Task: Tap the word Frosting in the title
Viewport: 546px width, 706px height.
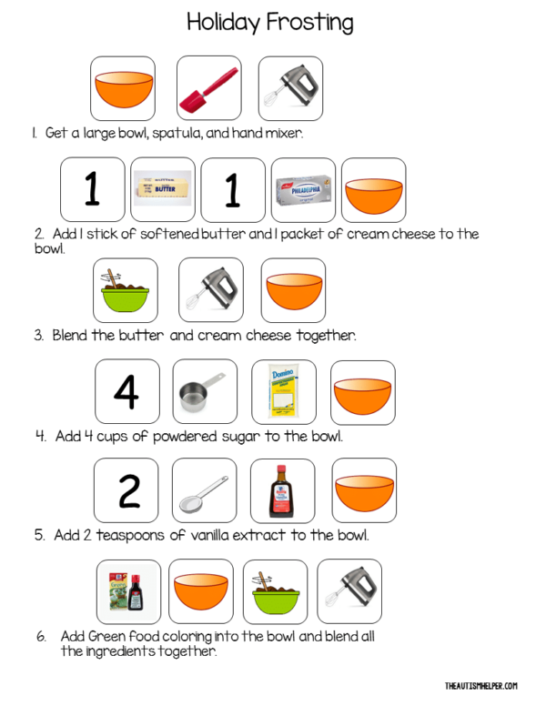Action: click(310, 22)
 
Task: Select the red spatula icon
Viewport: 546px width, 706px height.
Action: click(208, 88)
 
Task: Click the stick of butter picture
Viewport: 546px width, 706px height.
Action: click(163, 190)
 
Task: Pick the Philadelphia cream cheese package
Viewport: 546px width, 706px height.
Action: click(303, 190)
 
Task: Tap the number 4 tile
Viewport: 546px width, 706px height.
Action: click(126, 391)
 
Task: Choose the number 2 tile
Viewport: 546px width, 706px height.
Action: click(126, 490)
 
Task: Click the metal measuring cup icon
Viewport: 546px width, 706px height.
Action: click(204, 391)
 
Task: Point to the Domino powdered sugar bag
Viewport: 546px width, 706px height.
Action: click(283, 391)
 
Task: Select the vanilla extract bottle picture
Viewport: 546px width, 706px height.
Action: click(282, 490)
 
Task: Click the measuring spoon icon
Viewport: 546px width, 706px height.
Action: click(204, 490)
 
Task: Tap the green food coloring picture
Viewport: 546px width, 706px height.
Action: click(128, 591)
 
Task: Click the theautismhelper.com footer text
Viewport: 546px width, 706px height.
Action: click(481, 685)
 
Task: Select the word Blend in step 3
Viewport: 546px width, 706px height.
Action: click(70, 335)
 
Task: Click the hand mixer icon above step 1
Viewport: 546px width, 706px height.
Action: click(290, 88)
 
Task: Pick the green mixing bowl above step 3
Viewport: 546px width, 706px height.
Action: click(126, 291)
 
